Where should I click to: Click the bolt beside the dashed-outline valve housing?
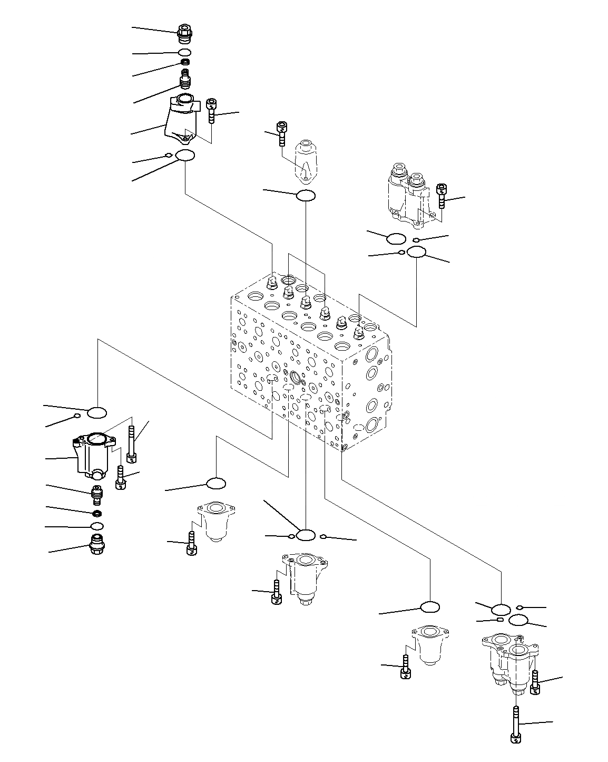(282, 133)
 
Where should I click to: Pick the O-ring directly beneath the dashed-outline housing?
(306, 196)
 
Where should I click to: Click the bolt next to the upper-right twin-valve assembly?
(442, 196)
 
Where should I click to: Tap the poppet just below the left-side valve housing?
(97, 494)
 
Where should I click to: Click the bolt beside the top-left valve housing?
(211, 110)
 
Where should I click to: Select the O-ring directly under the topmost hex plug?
(184, 53)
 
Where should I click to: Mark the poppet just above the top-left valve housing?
(185, 80)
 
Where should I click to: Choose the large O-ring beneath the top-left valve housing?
(185, 156)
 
